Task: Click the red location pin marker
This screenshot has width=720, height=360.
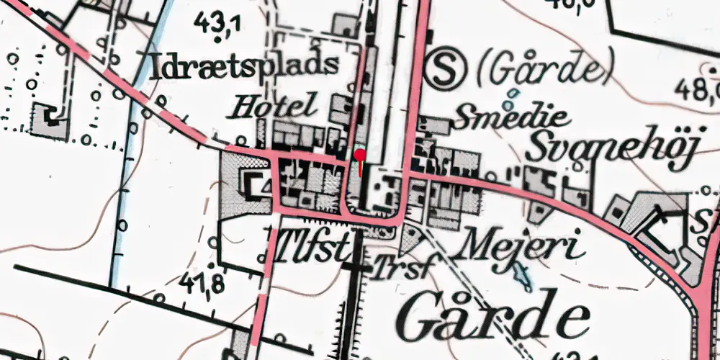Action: click(x=359, y=154)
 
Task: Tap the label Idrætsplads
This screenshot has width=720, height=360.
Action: click(x=246, y=66)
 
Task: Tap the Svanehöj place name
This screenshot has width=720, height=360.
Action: click(x=612, y=149)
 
